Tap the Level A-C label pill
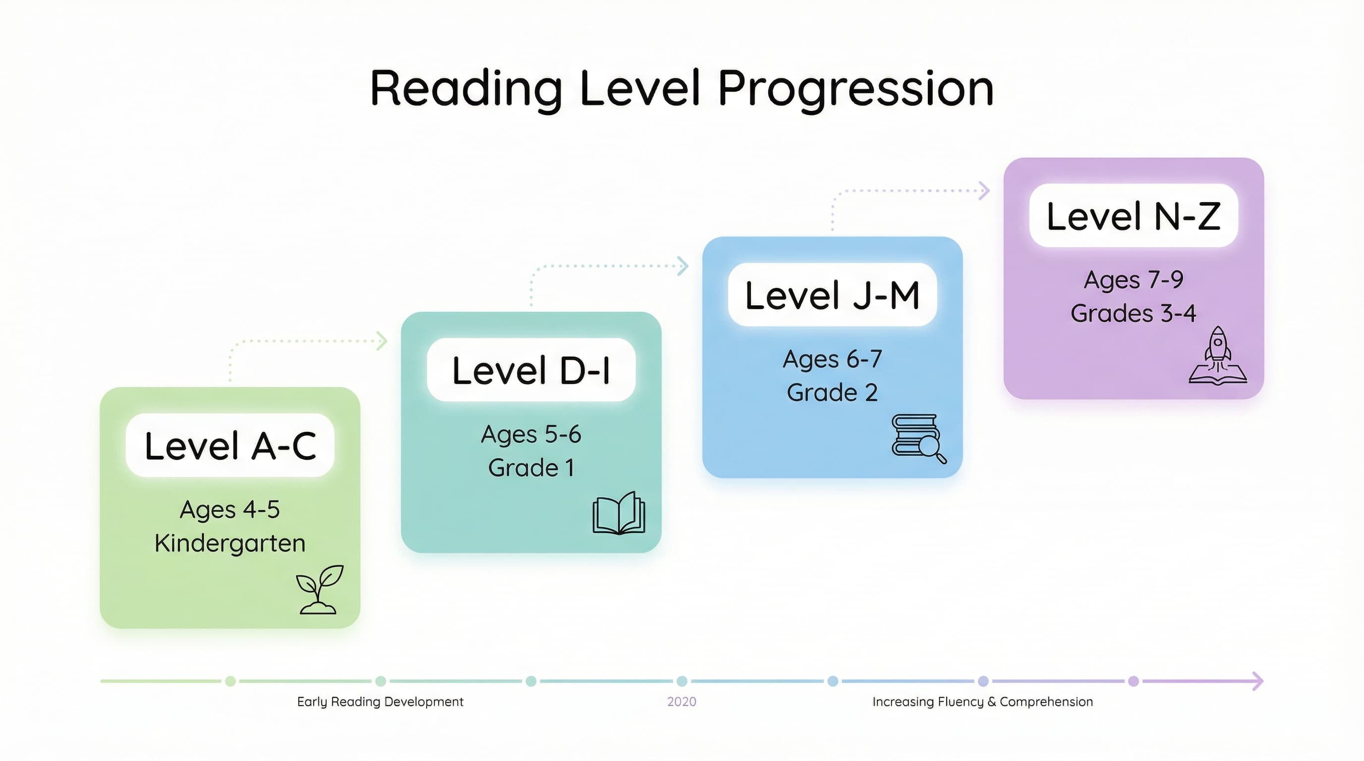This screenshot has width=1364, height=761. [x=230, y=445]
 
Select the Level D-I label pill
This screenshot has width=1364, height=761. [x=531, y=370]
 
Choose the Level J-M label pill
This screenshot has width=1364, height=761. [x=832, y=295]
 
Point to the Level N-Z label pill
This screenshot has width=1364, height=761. [x=1133, y=216]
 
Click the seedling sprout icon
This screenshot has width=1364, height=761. [x=319, y=590]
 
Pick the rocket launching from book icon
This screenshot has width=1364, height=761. [x=1217, y=356]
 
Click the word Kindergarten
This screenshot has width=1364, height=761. [x=230, y=544]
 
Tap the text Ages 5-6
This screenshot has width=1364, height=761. [x=531, y=435]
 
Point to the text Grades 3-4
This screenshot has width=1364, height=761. [x=1133, y=313]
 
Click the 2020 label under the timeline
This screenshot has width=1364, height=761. [x=682, y=702]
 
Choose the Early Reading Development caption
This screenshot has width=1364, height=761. [x=380, y=702]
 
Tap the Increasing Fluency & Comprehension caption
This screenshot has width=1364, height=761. [x=982, y=702]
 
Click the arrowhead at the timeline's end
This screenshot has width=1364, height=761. [x=1258, y=681]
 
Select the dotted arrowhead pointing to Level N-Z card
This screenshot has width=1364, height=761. [x=984, y=191]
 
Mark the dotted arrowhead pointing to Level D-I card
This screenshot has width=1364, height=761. [x=382, y=341]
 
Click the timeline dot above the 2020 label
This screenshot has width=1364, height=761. [x=682, y=681]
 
